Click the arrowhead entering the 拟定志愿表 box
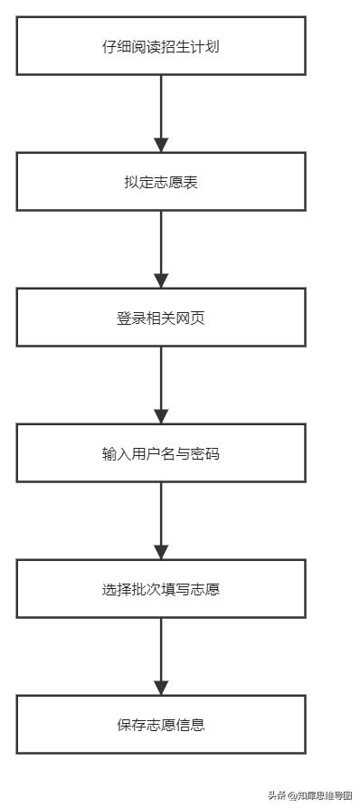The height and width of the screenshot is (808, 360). pyautogui.click(x=161, y=145)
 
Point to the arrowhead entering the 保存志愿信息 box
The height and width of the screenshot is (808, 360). pyautogui.click(x=161, y=688)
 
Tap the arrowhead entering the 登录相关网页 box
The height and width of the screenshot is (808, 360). pyautogui.click(x=161, y=280)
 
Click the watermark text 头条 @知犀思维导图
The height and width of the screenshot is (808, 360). pyautogui.click(x=309, y=795)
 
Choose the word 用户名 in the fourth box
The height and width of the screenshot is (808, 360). pyautogui.click(x=154, y=453)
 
